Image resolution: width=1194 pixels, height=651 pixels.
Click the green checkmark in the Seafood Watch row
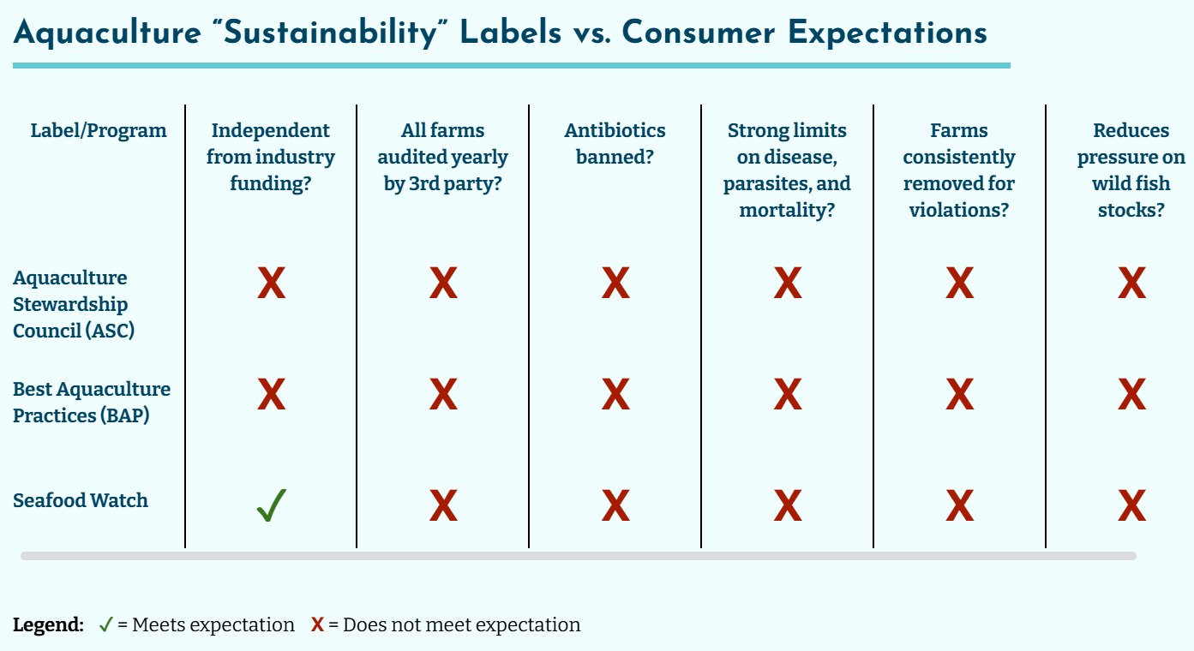[271, 505]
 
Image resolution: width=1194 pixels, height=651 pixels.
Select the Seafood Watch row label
[81, 501]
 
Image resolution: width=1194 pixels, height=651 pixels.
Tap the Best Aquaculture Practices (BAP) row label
[92, 403]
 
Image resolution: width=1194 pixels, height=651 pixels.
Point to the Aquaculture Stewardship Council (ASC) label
[74, 304]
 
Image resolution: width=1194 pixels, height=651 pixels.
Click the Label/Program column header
[99, 131]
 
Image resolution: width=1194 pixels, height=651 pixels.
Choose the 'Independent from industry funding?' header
[271, 158]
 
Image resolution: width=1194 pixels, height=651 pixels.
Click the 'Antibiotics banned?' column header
[615, 144]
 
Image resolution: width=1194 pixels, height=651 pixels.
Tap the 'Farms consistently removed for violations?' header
[959, 170]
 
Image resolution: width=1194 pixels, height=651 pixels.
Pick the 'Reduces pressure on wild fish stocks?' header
[1131, 170]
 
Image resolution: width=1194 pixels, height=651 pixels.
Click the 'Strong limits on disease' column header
[787, 170]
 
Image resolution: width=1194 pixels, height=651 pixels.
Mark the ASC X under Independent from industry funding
[271, 283]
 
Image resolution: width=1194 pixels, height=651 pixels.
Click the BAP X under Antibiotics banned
[615, 394]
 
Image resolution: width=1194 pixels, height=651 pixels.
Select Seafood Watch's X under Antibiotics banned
[615, 505]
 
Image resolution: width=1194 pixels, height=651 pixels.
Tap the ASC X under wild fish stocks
[1131, 283]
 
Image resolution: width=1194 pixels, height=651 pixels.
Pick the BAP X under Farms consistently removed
[959, 394]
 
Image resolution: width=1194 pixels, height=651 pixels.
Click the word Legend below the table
[48, 625]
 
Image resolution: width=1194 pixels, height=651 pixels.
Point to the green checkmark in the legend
[105, 625]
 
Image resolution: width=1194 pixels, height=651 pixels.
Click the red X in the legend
[317, 625]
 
